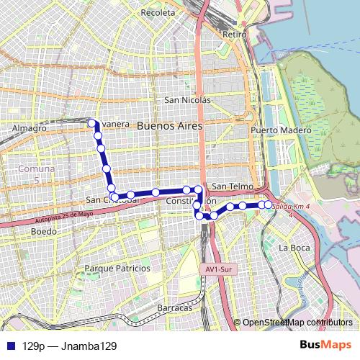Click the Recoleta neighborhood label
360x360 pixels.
click(x=158, y=13)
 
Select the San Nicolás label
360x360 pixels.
click(x=187, y=100)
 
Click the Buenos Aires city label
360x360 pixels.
click(x=169, y=125)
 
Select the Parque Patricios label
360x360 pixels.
click(x=117, y=268)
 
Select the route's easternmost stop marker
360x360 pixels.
click(x=268, y=205)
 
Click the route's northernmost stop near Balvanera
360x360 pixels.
click(x=91, y=123)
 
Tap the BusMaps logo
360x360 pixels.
click(x=325, y=344)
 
